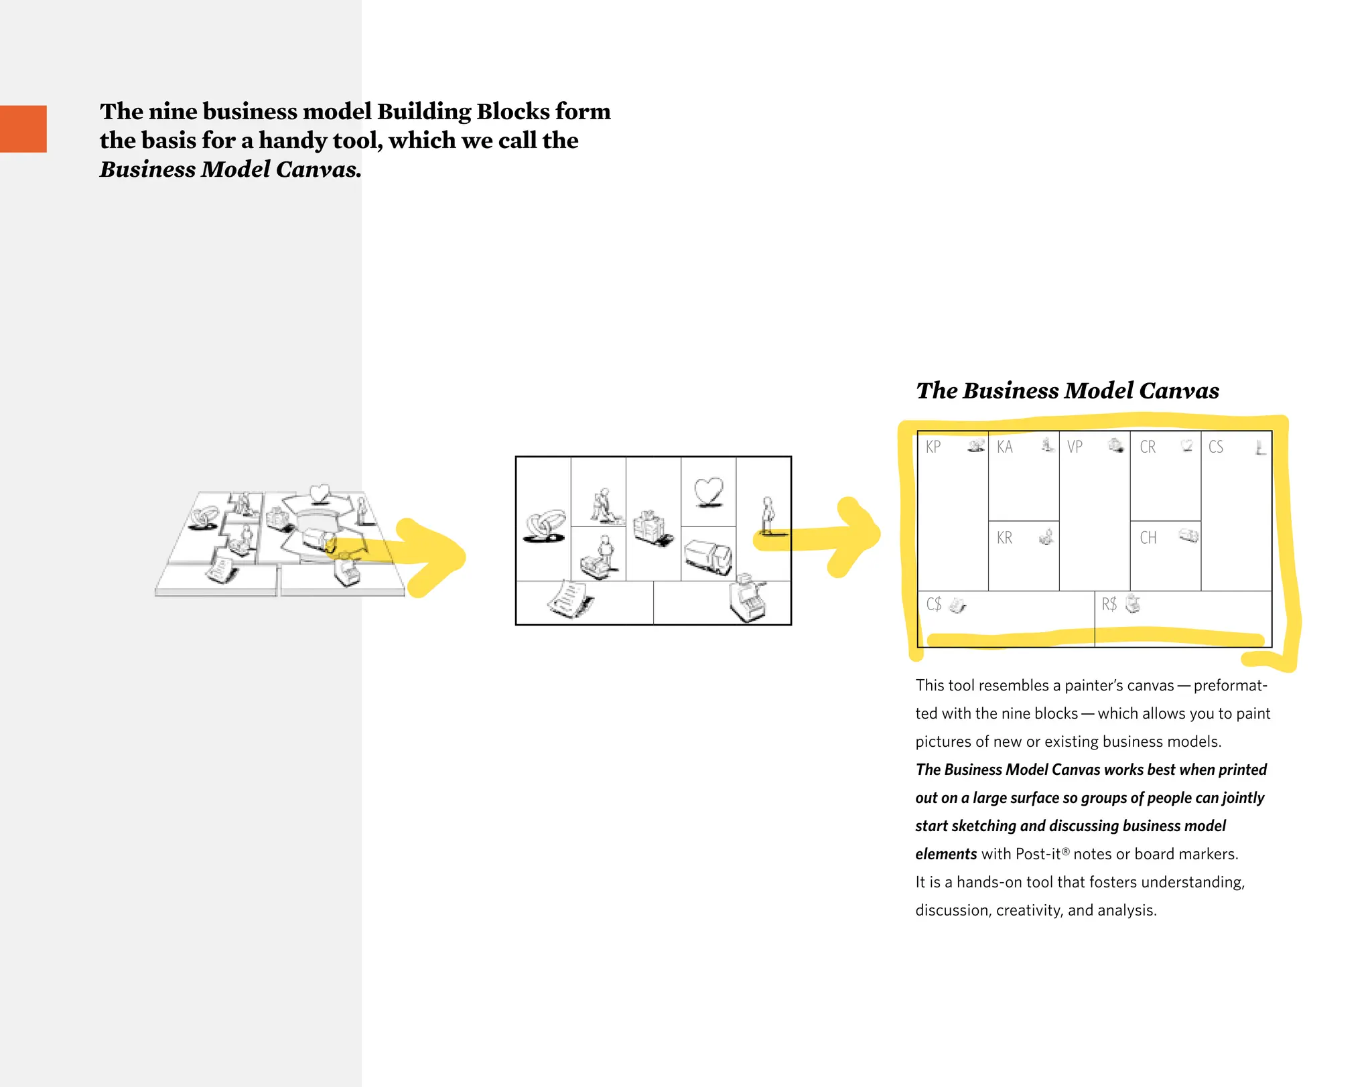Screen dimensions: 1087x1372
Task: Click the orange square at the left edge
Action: tap(23, 129)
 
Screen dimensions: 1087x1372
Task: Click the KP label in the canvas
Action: tap(933, 447)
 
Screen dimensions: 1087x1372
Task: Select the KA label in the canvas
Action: tap(1004, 447)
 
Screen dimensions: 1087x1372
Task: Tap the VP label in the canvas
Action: tap(1075, 447)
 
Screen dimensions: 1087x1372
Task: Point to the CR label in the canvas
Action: tap(1148, 447)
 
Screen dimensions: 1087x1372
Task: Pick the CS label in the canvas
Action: tap(1216, 447)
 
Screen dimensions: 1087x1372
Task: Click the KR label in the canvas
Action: tap(1004, 538)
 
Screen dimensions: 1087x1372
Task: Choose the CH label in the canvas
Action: tap(1148, 538)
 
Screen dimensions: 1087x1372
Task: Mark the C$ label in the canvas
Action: tap(933, 605)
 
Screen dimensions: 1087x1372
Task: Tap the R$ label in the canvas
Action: tap(1109, 605)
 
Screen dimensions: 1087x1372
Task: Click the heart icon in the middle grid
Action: tap(709, 492)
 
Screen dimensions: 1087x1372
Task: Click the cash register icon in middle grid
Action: tap(748, 599)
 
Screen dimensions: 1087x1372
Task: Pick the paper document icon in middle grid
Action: tap(569, 599)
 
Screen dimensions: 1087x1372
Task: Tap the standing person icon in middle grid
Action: tap(768, 515)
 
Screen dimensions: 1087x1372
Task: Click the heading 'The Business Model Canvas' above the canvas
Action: tap(1067, 390)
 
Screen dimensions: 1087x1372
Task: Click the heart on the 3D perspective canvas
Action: tap(320, 494)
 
